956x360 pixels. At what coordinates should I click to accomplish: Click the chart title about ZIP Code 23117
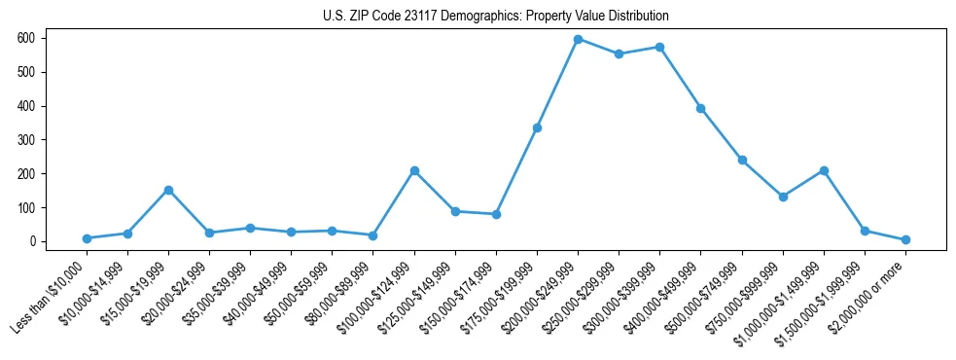click(495, 17)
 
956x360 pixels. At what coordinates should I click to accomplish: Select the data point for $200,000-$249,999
click(578, 39)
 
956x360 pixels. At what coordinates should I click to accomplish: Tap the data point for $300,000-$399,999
click(659, 47)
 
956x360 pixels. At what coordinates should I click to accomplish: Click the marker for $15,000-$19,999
click(168, 190)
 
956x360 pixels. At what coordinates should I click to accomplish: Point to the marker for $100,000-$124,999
click(414, 170)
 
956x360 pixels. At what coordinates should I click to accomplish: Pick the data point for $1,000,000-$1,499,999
click(824, 170)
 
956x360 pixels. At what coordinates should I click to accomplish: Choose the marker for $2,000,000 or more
click(905, 239)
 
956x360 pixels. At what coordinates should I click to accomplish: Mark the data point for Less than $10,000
click(87, 238)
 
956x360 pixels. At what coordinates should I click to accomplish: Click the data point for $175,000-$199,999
click(537, 127)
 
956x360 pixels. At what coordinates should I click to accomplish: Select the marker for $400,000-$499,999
click(700, 108)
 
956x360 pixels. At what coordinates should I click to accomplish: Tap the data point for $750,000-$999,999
click(783, 197)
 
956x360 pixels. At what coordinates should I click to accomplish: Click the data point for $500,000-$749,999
click(742, 160)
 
